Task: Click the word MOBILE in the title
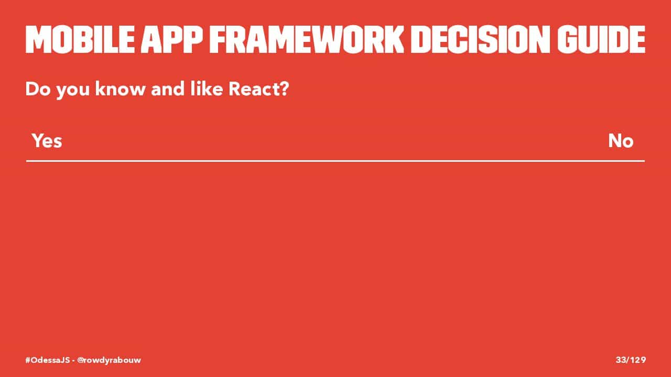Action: pos(80,39)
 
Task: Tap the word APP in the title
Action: pos(172,39)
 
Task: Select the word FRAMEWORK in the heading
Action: pos(307,39)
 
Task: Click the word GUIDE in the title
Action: pos(601,39)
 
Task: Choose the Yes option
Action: pos(47,141)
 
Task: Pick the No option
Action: pos(621,141)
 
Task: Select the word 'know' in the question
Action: pos(120,89)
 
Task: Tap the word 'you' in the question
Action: pos(73,91)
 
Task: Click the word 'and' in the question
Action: pos(168,89)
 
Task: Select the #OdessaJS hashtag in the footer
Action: pos(48,360)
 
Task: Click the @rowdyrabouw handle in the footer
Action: pos(109,360)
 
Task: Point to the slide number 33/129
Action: pos(631,360)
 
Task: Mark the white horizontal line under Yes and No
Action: pos(335,161)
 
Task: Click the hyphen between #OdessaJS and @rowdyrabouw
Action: pos(73,360)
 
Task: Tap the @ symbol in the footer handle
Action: pos(80,360)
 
